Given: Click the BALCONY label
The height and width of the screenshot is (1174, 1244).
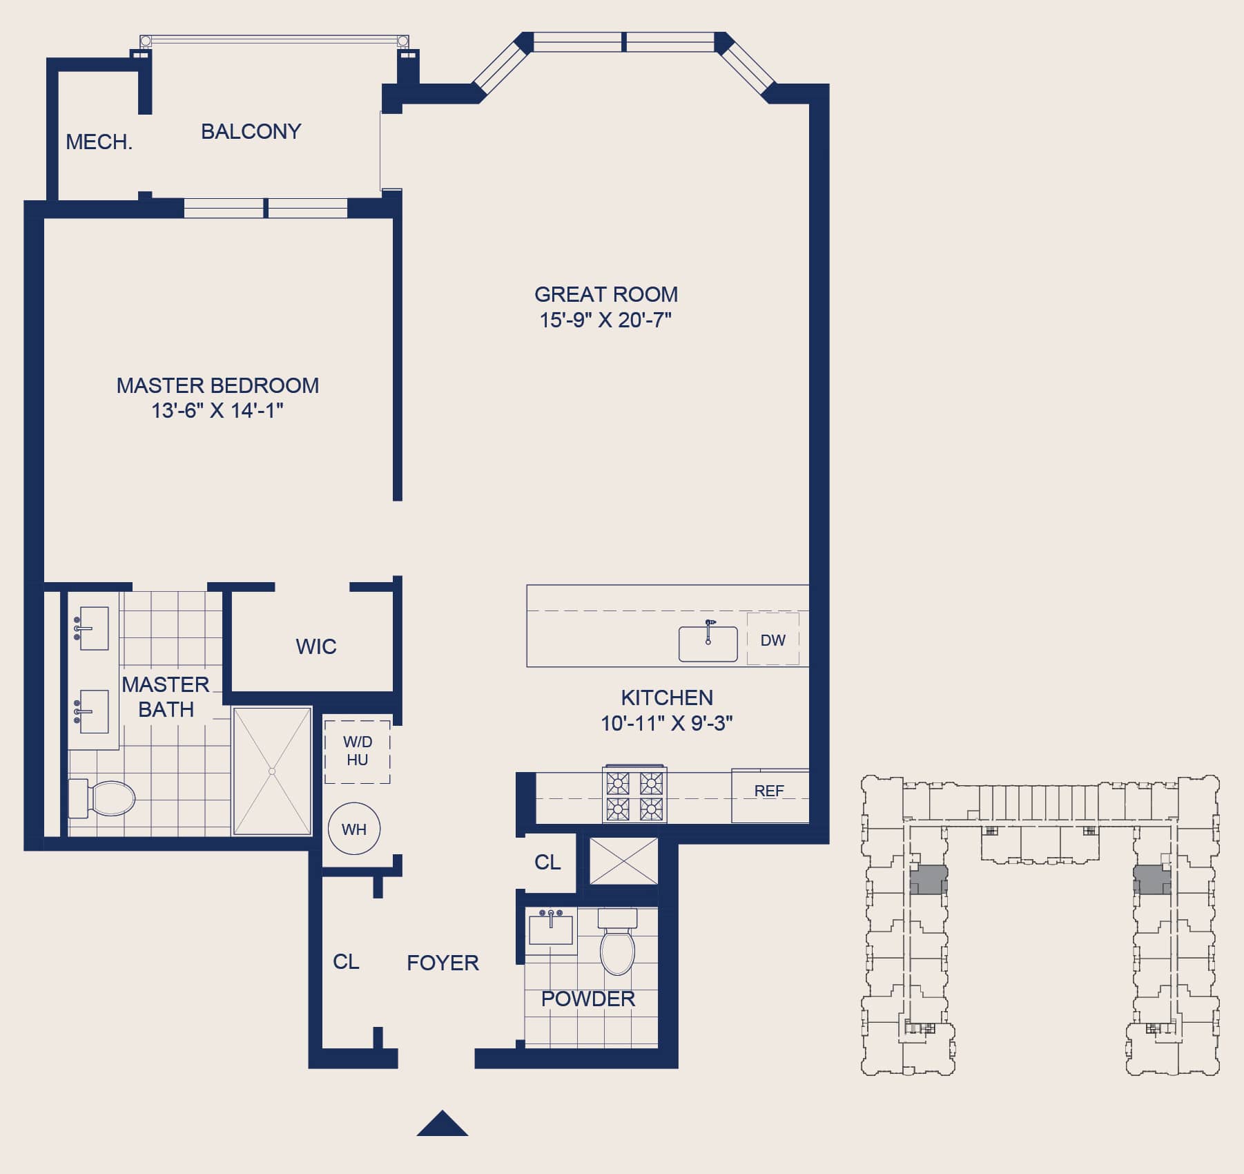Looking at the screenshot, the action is [251, 131].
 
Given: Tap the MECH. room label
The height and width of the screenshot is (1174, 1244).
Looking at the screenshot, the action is [99, 142].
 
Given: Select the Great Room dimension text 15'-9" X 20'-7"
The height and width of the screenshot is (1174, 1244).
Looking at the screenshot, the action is [605, 320].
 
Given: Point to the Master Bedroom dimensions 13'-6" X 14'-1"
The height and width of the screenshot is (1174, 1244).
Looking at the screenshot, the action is [217, 411].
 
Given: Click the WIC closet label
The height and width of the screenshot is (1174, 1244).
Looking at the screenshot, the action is [316, 646].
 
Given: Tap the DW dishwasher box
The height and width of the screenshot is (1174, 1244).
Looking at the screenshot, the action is [773, 639].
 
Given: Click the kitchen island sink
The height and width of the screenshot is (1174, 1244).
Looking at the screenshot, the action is [708, 642].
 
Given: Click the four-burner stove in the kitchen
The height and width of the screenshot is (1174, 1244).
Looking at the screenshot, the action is [635, 795].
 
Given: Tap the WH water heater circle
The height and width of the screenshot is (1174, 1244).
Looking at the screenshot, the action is [354, 829].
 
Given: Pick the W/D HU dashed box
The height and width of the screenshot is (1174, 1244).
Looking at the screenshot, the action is [358, 751].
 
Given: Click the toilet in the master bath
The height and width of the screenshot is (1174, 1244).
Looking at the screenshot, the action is [101, 798].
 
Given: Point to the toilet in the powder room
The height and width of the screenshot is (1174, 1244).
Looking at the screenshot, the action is [617, 942].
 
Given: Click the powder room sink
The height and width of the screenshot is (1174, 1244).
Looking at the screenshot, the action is [551, 929].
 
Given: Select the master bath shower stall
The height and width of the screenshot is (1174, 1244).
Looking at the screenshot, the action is [273, 771].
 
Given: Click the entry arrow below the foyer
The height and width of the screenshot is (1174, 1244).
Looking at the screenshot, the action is [443, 1123].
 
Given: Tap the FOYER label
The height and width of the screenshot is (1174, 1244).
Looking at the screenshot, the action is [443, 963].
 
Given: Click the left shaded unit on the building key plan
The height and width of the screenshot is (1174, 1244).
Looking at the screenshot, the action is [929, 880].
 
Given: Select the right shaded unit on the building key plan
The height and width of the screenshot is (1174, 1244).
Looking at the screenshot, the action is [1151, 880].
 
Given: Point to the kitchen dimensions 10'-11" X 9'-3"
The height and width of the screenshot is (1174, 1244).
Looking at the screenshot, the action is [667, 724].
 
